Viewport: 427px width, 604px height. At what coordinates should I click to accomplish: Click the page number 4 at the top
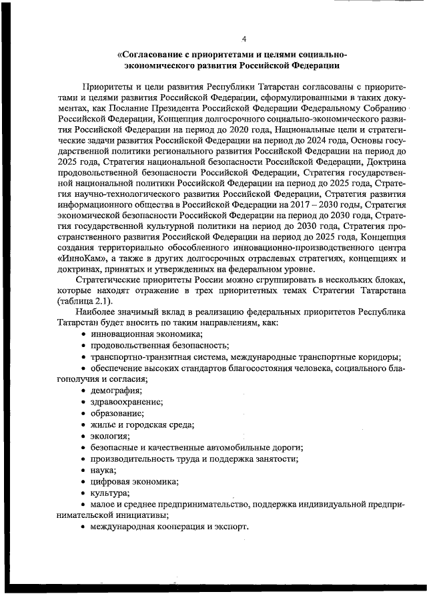[x=244, y=38]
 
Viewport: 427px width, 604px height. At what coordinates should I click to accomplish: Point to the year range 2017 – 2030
[x=275, y=204]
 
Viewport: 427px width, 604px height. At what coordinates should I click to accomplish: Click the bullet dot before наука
[x=83, y=470]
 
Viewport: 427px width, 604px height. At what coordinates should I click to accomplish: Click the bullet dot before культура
[x=83, y=493]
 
